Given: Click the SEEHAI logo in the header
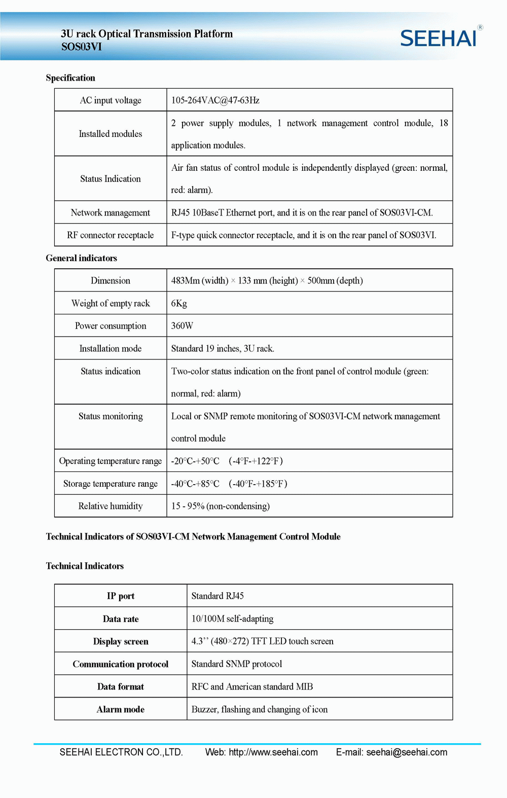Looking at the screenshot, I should click(439, 38).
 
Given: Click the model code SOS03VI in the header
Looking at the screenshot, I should click(82, 47).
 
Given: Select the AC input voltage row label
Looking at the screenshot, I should click(111, 100).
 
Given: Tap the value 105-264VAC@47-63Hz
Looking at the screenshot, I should click(215, 100).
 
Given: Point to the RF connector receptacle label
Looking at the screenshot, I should click(111, 235).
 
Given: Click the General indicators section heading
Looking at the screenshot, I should click(81, 258).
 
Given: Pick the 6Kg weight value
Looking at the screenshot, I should click(179, 303).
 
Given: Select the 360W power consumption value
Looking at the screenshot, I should click(182, 326).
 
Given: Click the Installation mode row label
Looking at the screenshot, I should click(111, 349).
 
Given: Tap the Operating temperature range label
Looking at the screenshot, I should click(111, 461).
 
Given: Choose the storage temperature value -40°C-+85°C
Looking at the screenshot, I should click(195, 484).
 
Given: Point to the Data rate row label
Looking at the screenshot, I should click(121, 619).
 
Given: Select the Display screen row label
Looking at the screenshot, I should click(121, 641).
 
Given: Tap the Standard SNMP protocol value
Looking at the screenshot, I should click(236, 664).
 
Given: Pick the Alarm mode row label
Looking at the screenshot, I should click(121, 709).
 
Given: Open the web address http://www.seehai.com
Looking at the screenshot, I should click(273, 752).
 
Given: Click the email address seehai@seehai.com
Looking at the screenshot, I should click(407, 752).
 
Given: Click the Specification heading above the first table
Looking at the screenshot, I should click(70, 78).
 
